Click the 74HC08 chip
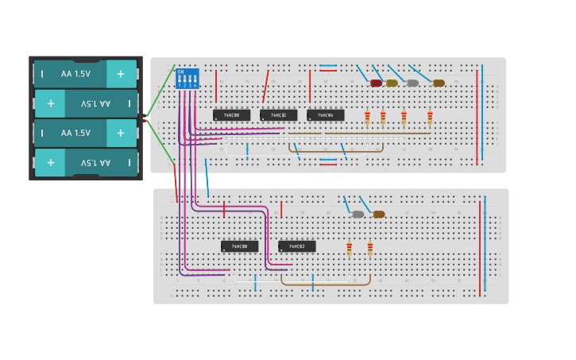[231, 115]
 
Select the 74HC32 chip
[278, 115]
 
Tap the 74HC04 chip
[325, 115]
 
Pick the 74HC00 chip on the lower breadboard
[239, 246]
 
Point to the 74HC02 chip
[296, 246]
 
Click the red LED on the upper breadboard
[376, 83]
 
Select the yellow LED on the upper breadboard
[392, 83]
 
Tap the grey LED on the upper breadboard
[412, 83]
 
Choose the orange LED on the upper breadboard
[439, 83]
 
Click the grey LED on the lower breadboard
[358, 214]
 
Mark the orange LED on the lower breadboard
[379, 214]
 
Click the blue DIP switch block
[187, 79]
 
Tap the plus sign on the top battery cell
[121, 74]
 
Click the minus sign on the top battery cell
[43, 74]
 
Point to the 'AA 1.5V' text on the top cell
[75, 74]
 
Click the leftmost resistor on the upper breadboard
[367, 118]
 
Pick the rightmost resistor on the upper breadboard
[430, 118]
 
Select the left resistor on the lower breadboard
[349, 250]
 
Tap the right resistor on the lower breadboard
[369, 250]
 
